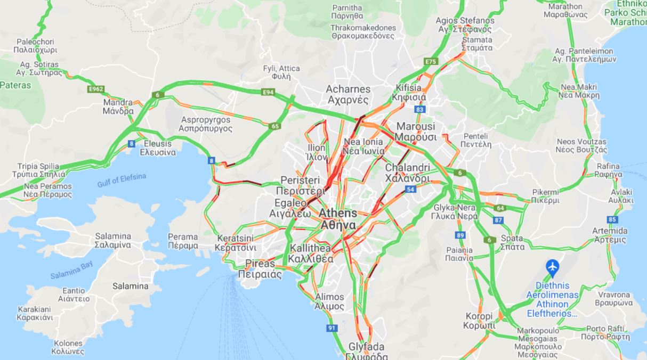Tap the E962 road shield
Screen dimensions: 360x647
tap(96, 89)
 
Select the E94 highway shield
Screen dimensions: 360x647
tap(269, 92)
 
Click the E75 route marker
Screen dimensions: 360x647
tap(431, 62)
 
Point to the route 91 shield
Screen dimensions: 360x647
tap(332, 328)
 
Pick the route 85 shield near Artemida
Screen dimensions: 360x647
tap(612, 219)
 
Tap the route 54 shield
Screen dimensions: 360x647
tap(410, 189)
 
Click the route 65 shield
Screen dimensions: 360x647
tap(275, 126)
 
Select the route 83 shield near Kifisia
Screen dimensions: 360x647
tap(420, 109)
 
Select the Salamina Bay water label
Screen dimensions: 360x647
tap(71, 271)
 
